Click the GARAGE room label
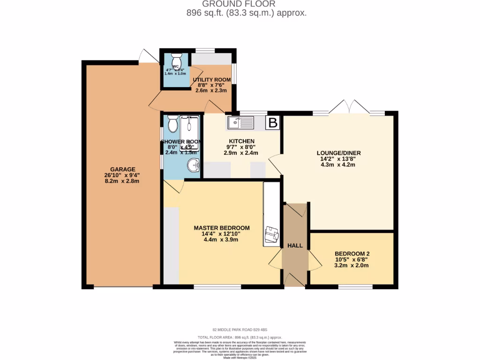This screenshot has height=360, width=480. pyautogui.click(x=122, y=169)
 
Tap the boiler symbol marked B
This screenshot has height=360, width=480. pyautogui.click(x=272, y=123)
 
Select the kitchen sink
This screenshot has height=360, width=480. pyautogui.click(x=240, y=123)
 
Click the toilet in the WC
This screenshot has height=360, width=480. pyautogui.click(x=176, y=61)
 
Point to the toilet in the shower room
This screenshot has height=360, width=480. pyautogui.click(x=172, y=125)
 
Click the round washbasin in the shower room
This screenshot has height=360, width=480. pyautogui.click(x=193, y=165)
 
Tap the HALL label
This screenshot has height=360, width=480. pyautogui.click(x=295, y=246)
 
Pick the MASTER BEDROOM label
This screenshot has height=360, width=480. pyautogui.click(x=222, y=228)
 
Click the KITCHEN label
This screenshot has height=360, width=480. pyautogui.click(x=241, y=141)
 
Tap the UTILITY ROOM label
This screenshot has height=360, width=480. pyautogui.click(x=212, y=80)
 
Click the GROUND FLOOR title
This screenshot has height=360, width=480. pyautogui.click(x=246, y=4)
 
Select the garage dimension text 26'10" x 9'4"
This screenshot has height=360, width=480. pyautogui.click(x=122, y=175)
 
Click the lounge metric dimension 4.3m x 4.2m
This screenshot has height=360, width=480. pyautogui.click(x=335, y=165)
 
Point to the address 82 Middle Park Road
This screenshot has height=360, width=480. pyautogui.click(x=240, y=329)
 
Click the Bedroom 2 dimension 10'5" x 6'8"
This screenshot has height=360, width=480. pyautogui.click(x=352, y=259)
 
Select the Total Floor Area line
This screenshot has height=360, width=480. pyautogui.click(x=240, y=337)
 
